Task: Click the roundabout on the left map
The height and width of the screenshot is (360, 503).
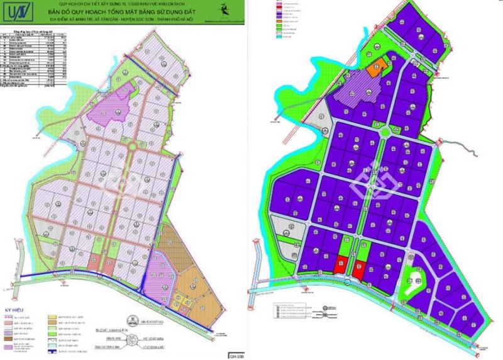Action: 132,146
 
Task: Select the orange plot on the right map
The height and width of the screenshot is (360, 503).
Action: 380,69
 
